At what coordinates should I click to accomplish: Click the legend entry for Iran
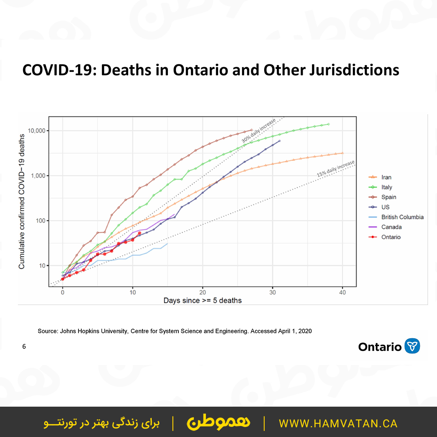(386, 177)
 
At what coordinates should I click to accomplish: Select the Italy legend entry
(386, 187)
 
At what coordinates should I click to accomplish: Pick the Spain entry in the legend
(388, 197)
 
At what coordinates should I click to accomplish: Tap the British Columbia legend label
(402, 217)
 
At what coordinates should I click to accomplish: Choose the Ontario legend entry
(390, 237)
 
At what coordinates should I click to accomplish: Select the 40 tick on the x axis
(342, 293)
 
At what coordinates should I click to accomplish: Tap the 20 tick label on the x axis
(202, 293)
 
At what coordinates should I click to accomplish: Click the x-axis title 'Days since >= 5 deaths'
(202, 301)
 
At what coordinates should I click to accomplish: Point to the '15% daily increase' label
(335, 168)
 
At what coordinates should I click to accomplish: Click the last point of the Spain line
(251, 130)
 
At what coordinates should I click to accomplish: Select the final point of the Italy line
(329, 124)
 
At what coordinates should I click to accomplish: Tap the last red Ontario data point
(140, 233)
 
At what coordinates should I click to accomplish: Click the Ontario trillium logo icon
(412, 346)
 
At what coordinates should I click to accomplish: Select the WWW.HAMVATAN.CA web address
(338, 424)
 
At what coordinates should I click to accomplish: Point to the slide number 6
(24, 347)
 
